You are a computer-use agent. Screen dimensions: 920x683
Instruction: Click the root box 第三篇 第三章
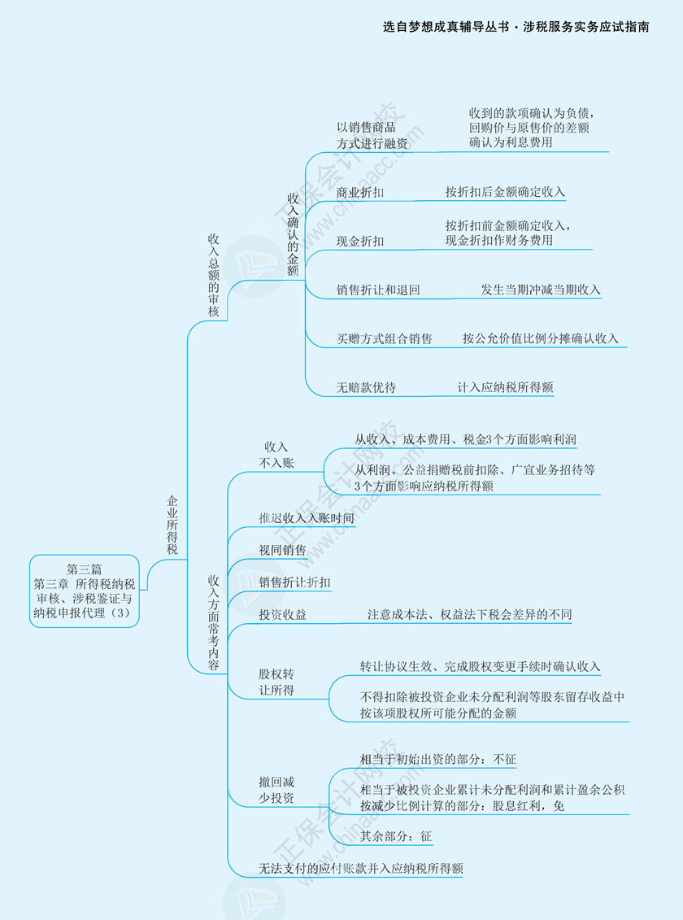pos(85,591)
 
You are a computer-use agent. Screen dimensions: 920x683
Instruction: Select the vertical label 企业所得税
pos(172,525)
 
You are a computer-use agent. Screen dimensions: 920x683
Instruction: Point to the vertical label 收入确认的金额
pos(293,233)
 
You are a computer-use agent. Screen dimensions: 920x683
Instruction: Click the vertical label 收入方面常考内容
pos(214,622)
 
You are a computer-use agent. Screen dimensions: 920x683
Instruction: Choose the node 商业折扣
pos(360,193)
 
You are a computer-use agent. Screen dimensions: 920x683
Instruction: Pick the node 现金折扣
pos(360,242)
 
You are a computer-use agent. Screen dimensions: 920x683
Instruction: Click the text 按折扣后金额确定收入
pos(504,192)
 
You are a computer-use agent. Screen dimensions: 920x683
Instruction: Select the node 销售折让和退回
pos(378,290)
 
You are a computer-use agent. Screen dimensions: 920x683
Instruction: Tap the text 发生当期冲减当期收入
pos(541,290)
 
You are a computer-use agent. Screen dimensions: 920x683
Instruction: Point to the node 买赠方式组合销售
pos(385,338)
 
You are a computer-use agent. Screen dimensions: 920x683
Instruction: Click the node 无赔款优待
pos(366,388)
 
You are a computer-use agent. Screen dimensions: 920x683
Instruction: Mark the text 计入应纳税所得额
pos(505,388)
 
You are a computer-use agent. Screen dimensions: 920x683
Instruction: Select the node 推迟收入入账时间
pos(307,517)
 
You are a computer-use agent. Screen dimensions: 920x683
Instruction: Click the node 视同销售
pos(282,550)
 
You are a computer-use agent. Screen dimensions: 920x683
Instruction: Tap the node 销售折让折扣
pos(294,582)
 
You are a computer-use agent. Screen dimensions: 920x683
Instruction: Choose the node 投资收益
pos(282,615)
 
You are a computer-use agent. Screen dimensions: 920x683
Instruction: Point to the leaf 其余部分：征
pos(396,835)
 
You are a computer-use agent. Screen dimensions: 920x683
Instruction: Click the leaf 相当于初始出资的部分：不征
pos(437,759)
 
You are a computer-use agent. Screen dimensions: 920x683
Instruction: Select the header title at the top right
pos(516,27)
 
